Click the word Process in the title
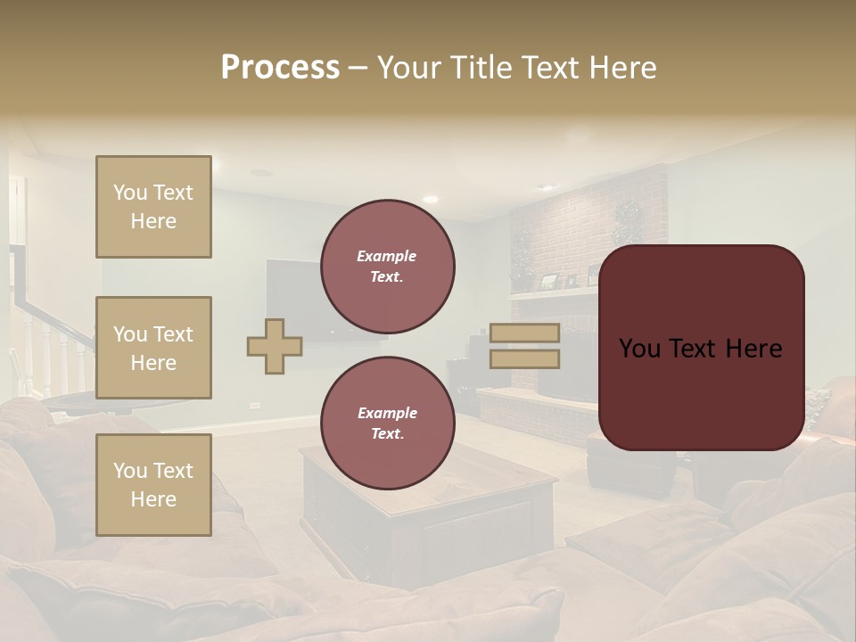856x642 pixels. pos(280,68)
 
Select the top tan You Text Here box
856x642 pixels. pos(153,207)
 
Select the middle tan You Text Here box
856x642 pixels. pos(153,348)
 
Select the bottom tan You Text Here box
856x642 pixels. pos(153,485)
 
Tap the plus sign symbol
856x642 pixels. pos(275,346)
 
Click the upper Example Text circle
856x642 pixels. pos(387,267)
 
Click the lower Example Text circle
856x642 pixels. pos(387,423)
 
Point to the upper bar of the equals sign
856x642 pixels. pos(524,333)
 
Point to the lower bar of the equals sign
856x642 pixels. pos(524,358)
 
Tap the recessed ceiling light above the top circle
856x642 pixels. pos(431,199)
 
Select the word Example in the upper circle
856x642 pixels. pos(387,256)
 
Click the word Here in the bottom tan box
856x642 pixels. pos(153,499)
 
